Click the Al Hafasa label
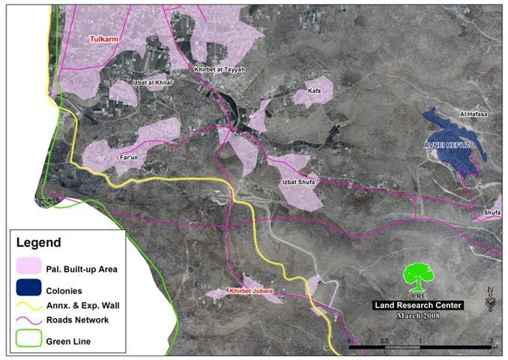[x=474, y=114]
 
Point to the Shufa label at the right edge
[x=492, y=212]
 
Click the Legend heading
[x=40, y=243]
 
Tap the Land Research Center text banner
[x=420, y=304]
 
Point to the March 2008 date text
[x=420, y=315]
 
